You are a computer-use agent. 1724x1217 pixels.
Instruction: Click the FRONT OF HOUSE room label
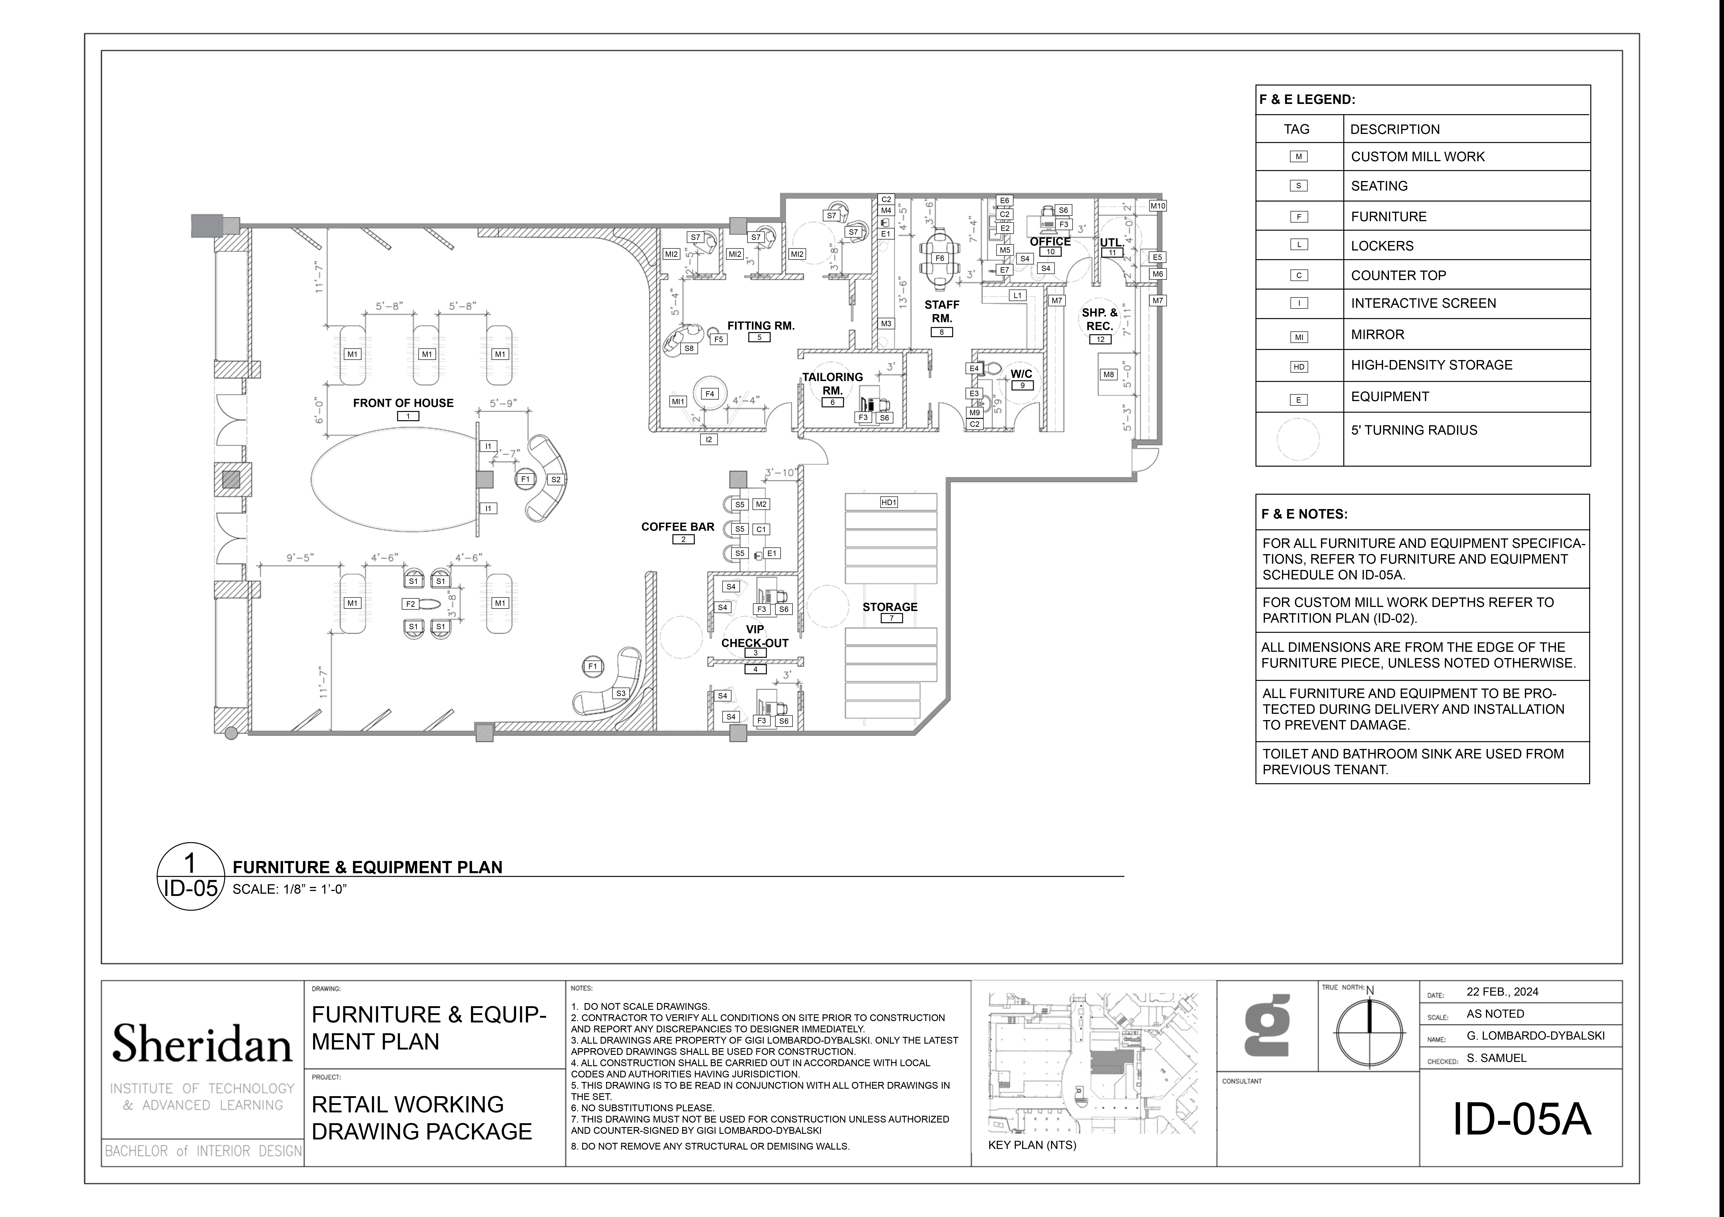[x=403, y=403]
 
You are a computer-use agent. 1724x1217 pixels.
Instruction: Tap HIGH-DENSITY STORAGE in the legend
[x=1431, y=365]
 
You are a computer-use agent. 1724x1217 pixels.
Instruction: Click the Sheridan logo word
[x=202, y=1043]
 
